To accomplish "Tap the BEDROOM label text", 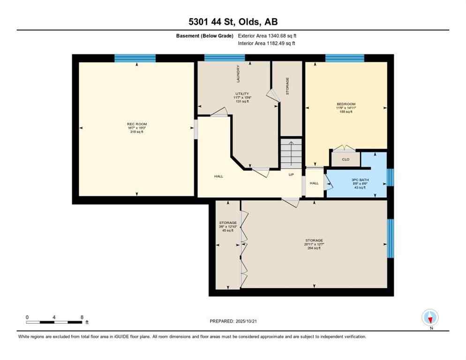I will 346,104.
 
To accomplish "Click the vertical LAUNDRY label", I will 238,74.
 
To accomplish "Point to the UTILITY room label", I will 241,93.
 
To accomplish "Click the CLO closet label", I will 346,159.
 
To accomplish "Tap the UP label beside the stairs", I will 291,174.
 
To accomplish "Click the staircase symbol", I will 291,153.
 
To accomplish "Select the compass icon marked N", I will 430,317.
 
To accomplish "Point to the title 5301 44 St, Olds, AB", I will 233,22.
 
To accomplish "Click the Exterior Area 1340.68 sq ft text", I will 267,36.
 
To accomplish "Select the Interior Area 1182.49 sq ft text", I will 266,44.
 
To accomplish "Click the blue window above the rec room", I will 135,58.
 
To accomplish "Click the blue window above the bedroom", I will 345,58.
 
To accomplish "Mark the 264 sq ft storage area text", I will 313,248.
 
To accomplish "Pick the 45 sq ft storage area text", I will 227,231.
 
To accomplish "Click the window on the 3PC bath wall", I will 390,178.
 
